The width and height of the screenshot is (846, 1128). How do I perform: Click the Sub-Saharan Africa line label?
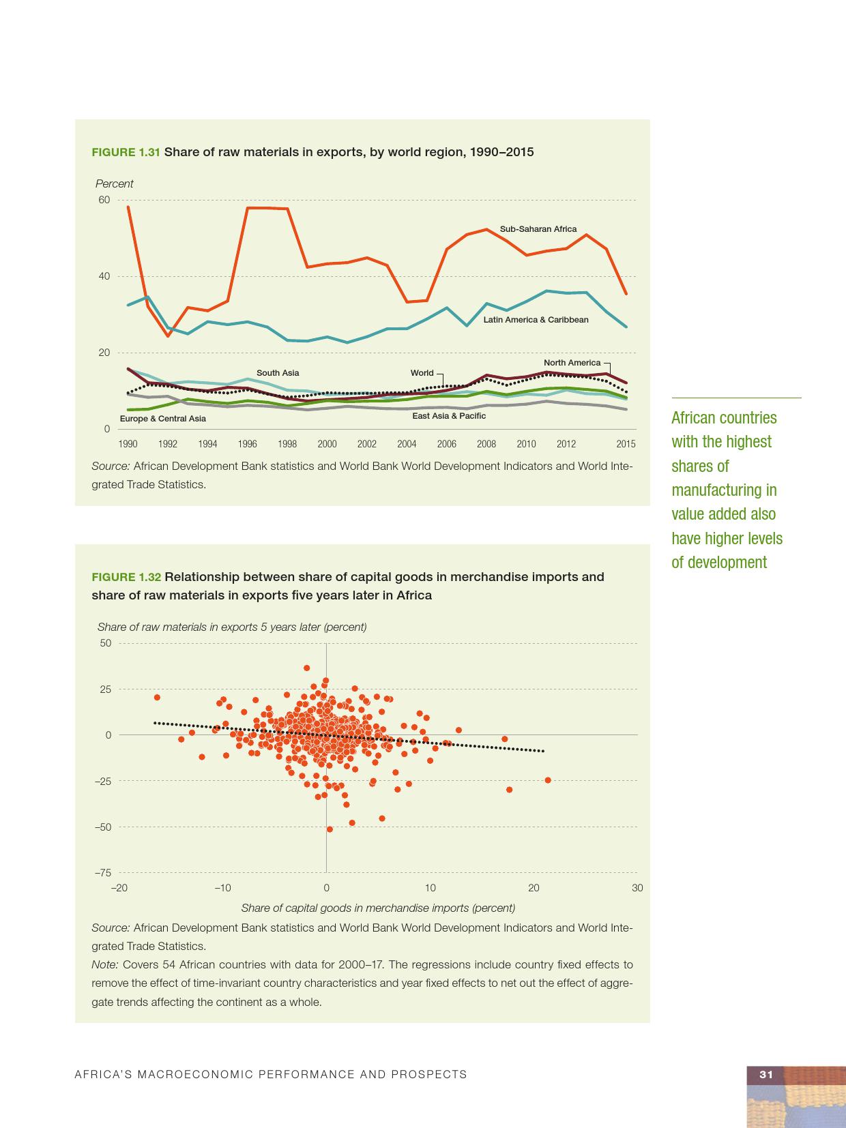tap(538, 229)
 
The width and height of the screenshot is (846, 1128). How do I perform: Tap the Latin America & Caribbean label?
tap(536, 320)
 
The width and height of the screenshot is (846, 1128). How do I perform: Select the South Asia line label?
tap(278, 373)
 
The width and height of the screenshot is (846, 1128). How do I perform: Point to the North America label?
tap(572, 363)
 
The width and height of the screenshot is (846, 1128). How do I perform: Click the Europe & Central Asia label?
tap(162, 419)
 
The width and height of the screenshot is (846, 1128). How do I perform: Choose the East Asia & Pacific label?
tap(449, 416)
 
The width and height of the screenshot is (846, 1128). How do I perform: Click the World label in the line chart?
tap(422, 373)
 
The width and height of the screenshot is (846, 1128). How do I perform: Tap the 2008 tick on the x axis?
tap(486, 444)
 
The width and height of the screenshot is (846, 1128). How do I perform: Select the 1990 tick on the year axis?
tap(128, 444)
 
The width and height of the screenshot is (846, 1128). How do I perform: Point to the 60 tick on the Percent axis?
tap(104, 200)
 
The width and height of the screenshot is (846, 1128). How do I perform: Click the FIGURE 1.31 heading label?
tap(126, 152)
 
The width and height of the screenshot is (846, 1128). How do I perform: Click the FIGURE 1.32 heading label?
tap(126, 577)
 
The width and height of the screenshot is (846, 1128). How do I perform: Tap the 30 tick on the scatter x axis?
tap(637, 888)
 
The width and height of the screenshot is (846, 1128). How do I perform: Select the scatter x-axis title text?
tap(378, 908)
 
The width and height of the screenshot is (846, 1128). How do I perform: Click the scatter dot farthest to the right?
tap(548, 780)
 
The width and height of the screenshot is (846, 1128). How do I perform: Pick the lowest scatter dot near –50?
tap(330, 829)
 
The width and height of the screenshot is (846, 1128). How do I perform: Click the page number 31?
tap(766, 1074)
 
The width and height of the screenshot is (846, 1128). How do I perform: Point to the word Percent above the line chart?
tap(114, 184)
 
